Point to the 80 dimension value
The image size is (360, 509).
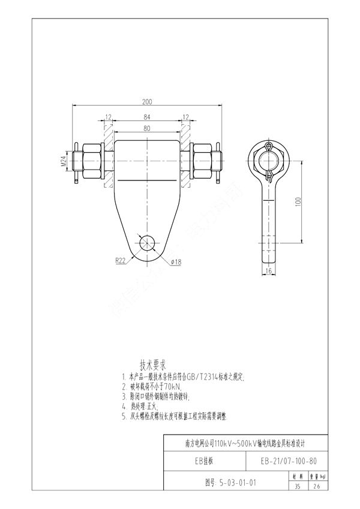146,128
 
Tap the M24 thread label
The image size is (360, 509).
62,162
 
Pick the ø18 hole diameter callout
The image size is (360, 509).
176,262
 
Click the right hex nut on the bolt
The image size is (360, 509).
202,162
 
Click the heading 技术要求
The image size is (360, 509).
153,364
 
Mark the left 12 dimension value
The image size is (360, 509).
109,116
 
